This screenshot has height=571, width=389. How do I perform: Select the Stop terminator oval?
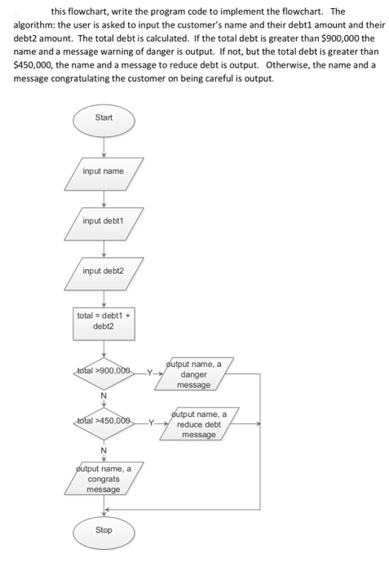click(104, 530)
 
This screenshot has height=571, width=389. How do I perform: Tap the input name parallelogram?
click(104, 171)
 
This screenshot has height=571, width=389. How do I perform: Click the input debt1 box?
click(104, 221)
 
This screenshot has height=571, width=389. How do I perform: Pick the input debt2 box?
click(104, 270)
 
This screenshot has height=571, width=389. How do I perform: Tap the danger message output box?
click(195, 374)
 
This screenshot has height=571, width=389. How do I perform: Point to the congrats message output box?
click(104, 479)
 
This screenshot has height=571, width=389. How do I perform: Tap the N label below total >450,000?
click(104, 448)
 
